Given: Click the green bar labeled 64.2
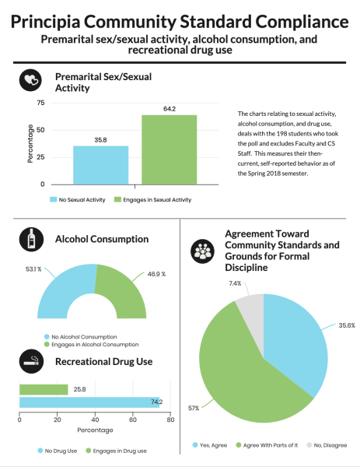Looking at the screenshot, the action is pyautogui.click(x=169, y=149).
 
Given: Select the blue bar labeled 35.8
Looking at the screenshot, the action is pyautogui.click(x=100, y=165).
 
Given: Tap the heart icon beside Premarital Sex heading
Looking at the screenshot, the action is pyautogui.click(x=30, y=80).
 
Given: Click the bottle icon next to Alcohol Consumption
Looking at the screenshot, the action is pyautogui.click(x=31, y=239).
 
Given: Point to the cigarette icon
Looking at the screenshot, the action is pyautogui.click(x=31, y=361).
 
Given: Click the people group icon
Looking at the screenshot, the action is pyautogui.click(x=203, y=251).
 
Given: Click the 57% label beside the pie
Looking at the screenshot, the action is pyautogui.click(x=194, y=408).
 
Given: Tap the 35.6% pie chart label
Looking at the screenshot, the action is pyautogui.click(x=347, y=325).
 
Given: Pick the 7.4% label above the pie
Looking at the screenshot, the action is pyautogui.click(x=235, y=283).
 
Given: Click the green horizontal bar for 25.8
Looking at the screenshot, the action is pyautogui.click(x=44, y=390).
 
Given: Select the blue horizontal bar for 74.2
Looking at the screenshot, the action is pyautogui.click(x=89, y=402).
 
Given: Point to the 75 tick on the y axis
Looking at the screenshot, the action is pyautogui.click(x=40, y=103).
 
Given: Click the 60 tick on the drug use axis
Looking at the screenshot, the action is pyautogui.click(x=133, y=420).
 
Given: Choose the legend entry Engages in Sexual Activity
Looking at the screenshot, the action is pyautogui.click(x=152, y=199).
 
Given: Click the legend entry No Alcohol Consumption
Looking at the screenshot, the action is pyautogui.click(x=81, y=337).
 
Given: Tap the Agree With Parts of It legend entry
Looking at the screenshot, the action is pyautogui.click(x=267, y=445).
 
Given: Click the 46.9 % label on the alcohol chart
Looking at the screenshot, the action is pyautogui.click(x=156, y=274).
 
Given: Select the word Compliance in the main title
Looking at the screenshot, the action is pyautogui.click(x=302, y=22).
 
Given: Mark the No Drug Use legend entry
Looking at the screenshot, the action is pyautogui.click(x=58, y=451).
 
